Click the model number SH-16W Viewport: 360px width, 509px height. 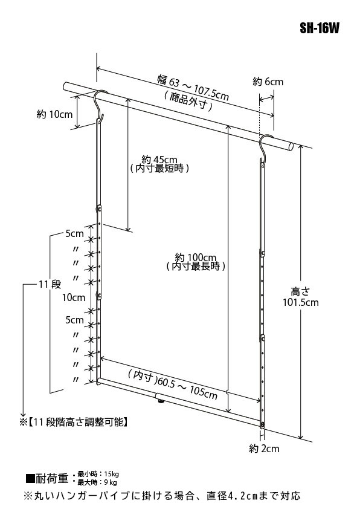[319, 28]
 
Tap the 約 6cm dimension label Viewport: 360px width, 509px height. [268, 82]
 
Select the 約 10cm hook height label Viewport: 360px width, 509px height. [54, 114]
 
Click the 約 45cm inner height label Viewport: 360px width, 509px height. [159, 160]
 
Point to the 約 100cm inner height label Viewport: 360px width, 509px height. [196, 258]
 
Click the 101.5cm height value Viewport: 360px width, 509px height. [301, 302]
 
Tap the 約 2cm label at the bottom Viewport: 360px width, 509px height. [264, 449]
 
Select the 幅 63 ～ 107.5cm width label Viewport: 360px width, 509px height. [194, 88]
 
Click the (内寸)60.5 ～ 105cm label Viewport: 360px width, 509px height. [173, 384]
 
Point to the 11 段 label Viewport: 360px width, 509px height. [50, 284]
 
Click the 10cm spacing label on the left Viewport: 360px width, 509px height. [74, 297]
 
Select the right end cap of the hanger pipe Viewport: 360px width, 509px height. [291, 147]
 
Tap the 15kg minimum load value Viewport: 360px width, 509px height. [111, 475]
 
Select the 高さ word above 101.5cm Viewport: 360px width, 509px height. [300, 291]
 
